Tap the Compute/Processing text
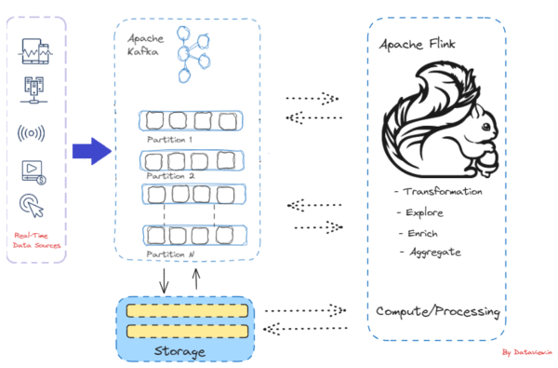[438, 310]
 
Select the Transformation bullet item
[438, 191]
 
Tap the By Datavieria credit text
[527, 352]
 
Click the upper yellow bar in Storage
[187, 311]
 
